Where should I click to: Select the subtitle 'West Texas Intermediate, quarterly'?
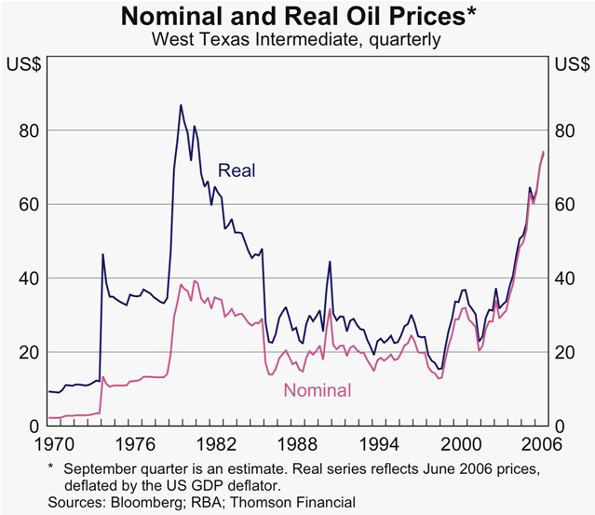coord(296,40)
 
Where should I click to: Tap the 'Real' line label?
coord(237,170)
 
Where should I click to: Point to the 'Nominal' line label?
coord(318,391)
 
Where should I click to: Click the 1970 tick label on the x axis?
coord(49,442)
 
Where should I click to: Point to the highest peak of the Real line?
coord(181,105)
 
